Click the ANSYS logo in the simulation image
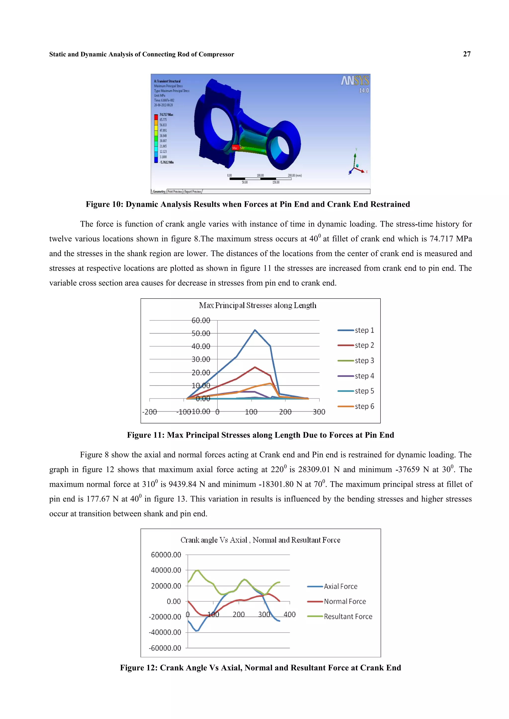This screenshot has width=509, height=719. coord(355,81)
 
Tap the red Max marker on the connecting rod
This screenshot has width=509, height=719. coord(235,148)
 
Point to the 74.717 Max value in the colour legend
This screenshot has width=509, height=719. coord(166,114)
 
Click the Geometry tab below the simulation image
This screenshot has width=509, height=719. coord(159,191)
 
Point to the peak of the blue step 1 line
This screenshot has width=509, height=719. coord(255,330)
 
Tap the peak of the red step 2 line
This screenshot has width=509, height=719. coord(255,367)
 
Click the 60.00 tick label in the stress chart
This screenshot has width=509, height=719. coord(201,320)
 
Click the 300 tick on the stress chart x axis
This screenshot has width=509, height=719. coord(319,412)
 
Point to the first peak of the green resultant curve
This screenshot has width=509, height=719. coord(197,570)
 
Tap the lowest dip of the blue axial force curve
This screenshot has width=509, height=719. coord(197,631)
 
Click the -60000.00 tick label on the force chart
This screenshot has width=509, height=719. coord(165,648)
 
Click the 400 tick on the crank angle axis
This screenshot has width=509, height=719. coord(290,614)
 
